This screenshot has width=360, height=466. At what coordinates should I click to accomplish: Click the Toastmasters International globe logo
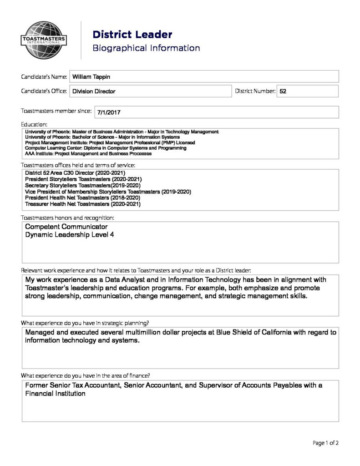(x=44, y=40)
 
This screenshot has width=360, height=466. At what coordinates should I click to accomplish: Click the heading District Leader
(x=132, y=35)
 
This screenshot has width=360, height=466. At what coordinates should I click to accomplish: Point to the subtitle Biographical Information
(x=146, y=48)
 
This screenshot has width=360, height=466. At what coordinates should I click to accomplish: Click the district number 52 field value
(x=283, y=91)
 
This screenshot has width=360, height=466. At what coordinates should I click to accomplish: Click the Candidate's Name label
(x=44, y=77)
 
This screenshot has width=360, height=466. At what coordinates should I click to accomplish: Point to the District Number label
(x=255, y=91)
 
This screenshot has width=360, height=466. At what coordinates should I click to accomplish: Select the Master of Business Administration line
(x=122, y=132)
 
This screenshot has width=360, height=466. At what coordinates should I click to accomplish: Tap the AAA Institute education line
(x=88, y=154)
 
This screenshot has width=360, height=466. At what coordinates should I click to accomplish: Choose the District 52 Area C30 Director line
(x=75, y=173)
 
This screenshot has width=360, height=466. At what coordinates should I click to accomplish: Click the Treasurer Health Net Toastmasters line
(x=83, y=204)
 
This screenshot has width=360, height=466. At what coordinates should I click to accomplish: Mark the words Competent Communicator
(x=66, y=227)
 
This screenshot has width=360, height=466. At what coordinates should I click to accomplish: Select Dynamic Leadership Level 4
(x=70, y=235)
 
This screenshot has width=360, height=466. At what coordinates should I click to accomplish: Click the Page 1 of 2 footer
(x=325, y=443)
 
